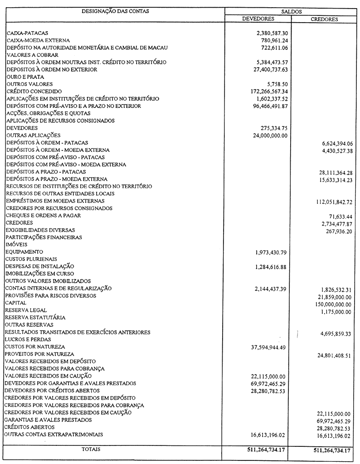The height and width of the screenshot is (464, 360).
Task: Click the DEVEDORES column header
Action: (x=258, y=19)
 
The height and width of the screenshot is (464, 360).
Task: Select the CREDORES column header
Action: (x=324, y=19)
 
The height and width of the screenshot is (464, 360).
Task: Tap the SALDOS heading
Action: (x=292, y=11)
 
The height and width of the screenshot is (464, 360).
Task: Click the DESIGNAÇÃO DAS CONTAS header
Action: (x=115, y=11)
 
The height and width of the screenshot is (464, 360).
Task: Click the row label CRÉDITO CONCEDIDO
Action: (x=29, y=92)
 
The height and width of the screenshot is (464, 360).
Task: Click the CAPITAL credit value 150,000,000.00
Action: (x=333, y=304)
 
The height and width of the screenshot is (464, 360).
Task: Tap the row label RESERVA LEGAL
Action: (x=25, y=310)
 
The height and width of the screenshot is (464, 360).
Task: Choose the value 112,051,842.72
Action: (x=334, y=202)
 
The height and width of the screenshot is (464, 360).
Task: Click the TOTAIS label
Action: (x=91, y=449)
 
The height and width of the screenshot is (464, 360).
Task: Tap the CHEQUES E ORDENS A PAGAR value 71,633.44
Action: (x=341, y=217)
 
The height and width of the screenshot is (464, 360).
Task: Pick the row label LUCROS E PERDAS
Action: (x=28, y=339)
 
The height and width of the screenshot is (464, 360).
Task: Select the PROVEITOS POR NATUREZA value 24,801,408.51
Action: (x=334, y=356)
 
